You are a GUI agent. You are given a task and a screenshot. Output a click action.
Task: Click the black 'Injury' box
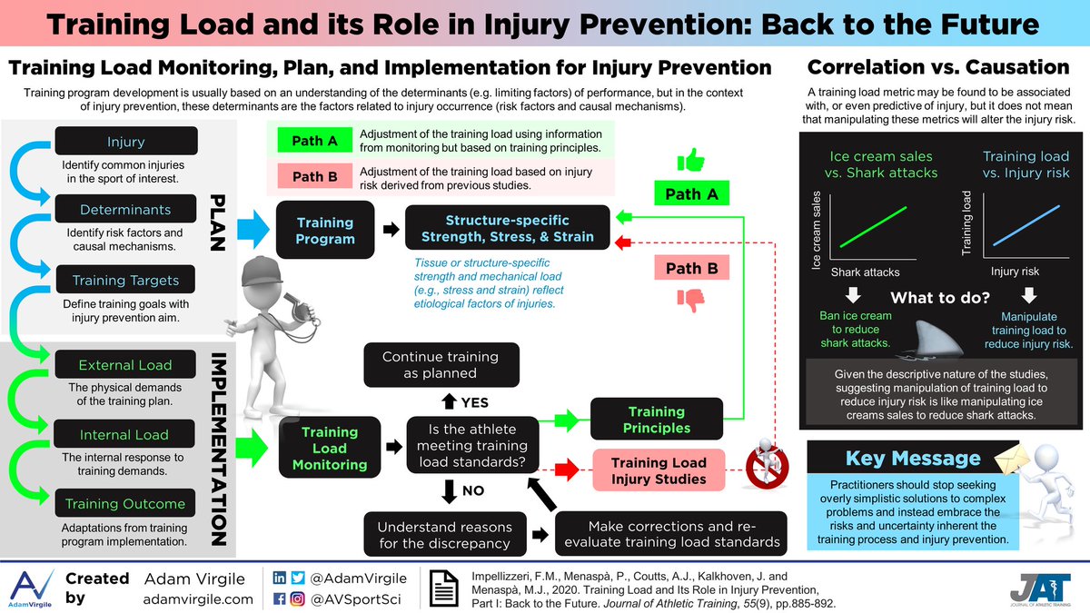(126, 142)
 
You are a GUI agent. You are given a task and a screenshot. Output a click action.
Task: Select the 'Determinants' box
(126, 210)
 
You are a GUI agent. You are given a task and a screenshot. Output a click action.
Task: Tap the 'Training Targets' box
(126, 281)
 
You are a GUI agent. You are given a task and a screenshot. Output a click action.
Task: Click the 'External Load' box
(126, 365)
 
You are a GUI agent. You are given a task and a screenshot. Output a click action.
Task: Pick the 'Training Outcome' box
(126, 503)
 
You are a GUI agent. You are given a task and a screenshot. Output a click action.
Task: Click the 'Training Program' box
(325, 231)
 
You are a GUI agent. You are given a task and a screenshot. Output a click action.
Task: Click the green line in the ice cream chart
(872, 226)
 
